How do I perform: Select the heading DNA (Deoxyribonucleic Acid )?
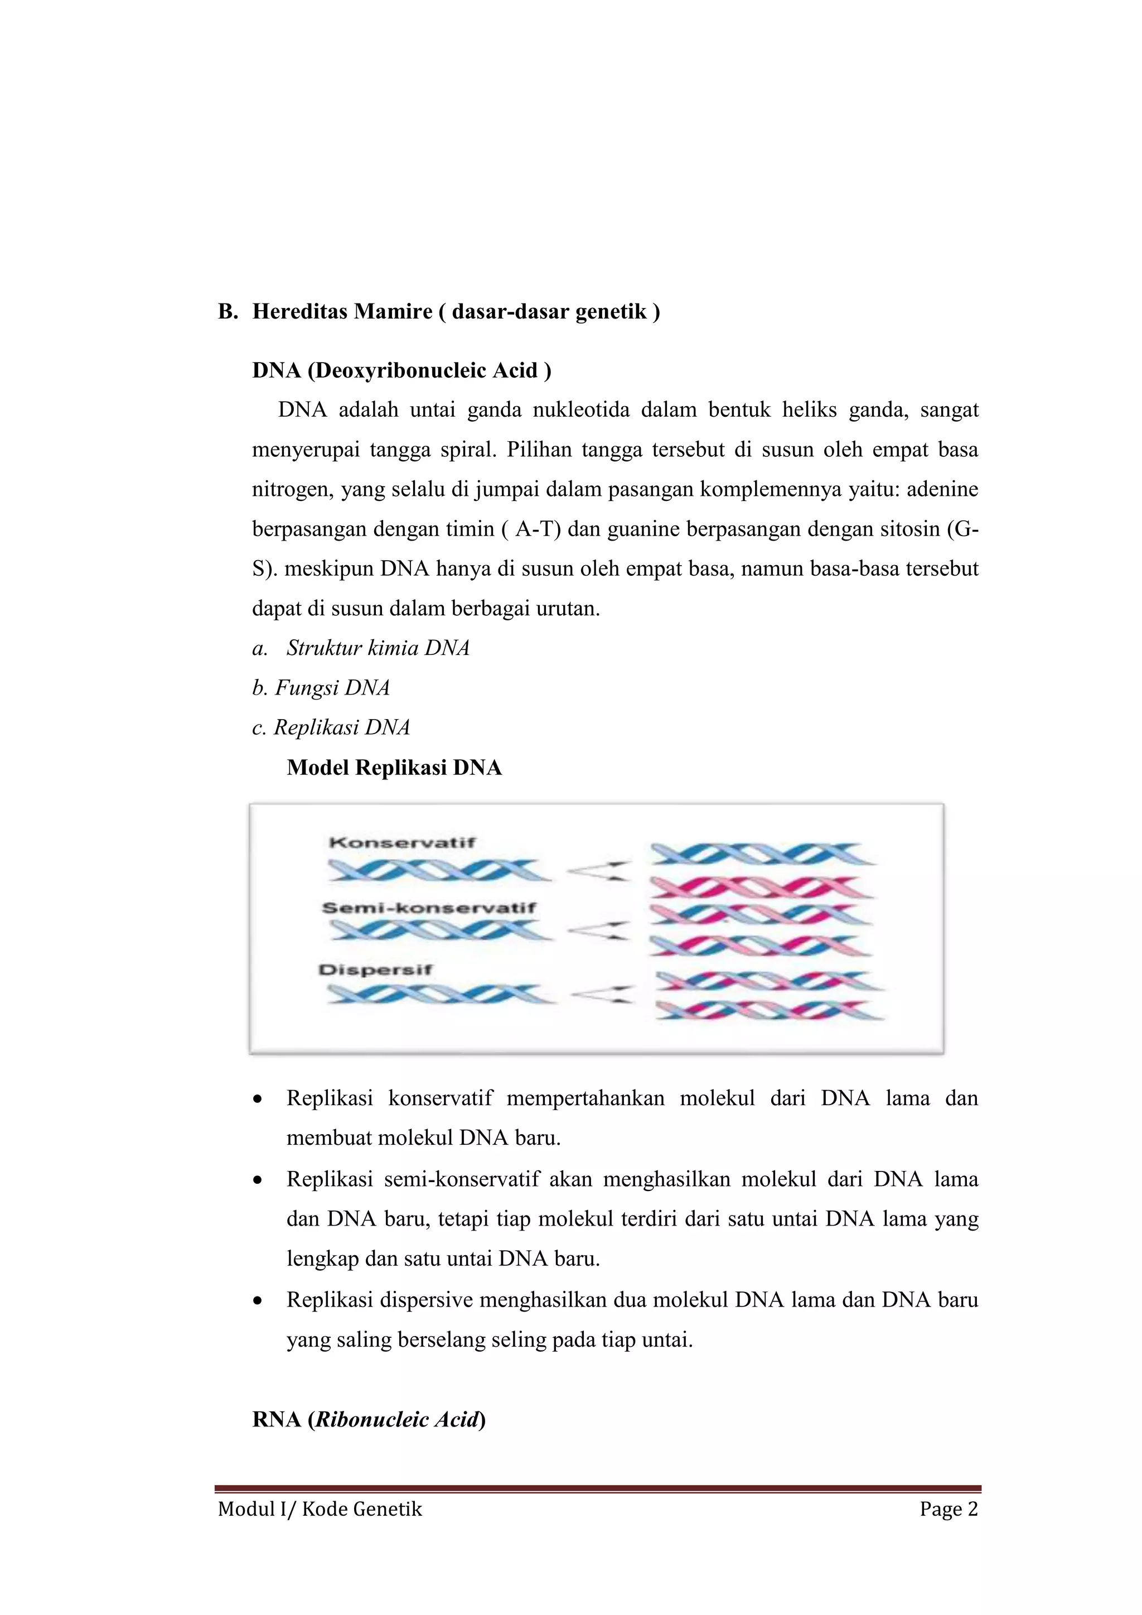point(401,370)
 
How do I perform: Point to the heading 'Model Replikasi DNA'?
point(394,768)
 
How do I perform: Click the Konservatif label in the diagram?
point(402,843)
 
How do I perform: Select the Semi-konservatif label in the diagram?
point(429,908)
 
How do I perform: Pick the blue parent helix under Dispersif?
point(439,994)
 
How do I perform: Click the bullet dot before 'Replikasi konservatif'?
point(259,1100)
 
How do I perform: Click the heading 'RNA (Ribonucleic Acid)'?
point(369,1419)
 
